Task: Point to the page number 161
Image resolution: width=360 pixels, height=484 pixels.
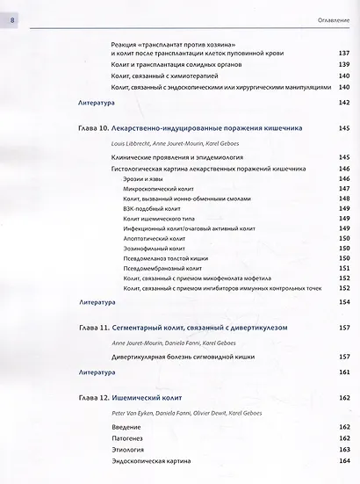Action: (344, 372)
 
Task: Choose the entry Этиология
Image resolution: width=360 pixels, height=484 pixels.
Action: (133, 449)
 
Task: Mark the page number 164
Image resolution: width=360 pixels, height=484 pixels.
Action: (344, 461)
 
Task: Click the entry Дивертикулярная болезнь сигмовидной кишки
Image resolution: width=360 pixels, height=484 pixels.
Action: (192, 357)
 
